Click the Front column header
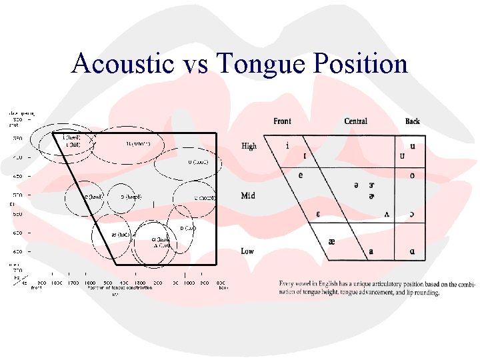pyautogui.click(x=282, y=121)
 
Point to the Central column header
pyautogui.click(x=355, y=121)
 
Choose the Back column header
pyautogui.click(x=413, y=121)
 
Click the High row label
pyautogui.click(x=249, y=146)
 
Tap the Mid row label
pyautogui.click(x=248, y=196)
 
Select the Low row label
pyautogui.click(x=248, y=251)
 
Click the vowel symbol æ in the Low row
pyautogui.click(x=331, y=243)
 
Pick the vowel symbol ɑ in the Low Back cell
pyautogui.click(x=413, y=251)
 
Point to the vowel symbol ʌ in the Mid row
pyautogui.click(x=387, y=214)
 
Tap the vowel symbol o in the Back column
pyautogui.click(x=413, y=175)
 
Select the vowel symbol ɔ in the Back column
pyautogui.click(x=413, y=214)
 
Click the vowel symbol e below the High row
pyautogui.click(x=301, y=175)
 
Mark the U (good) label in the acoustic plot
pyautogui.click(x=196, y=162)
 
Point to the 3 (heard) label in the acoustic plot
pyautogui.click(x=131, y=197)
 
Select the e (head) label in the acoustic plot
pyautogui.click(x=93, y=197)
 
